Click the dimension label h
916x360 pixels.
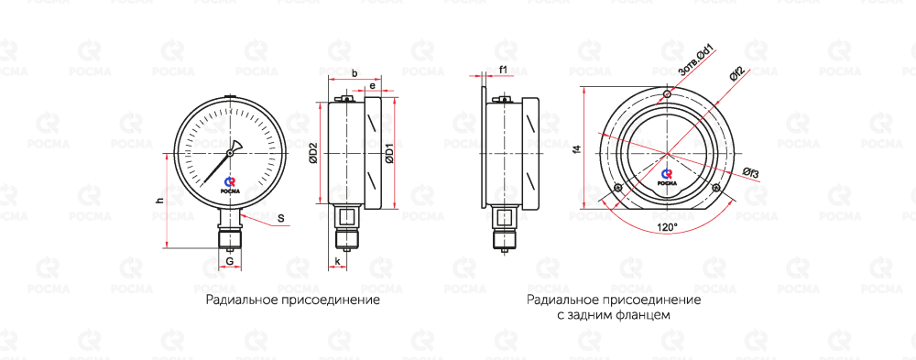pyautogui.click(x=159, y=201)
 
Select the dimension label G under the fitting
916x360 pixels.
pyautogui.click(x=230, y=260)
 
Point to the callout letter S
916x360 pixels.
pyautogui.click(x=281, y=219)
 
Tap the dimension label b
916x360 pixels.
pyautogui.click(x=355, y=73)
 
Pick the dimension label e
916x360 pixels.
pyautogui.click(x=371, y=86)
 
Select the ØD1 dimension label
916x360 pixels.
pyautogui.click(x=389, y=154)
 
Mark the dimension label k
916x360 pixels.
pyautogui.click(x=338, y=261)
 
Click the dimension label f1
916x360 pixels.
pyautogui.click(x=503, y=71)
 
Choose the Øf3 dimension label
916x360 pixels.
pyautogui.click(x=751, y=172)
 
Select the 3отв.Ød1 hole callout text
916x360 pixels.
pyautogui.click(x=698, y=61)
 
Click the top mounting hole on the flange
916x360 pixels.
pyautogui.click(x=667, y=94)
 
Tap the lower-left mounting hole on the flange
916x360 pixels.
pyautogui.click(x=617, y=188)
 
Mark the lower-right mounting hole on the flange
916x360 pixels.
pyautogui.click(x=717, y=188)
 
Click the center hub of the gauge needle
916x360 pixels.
pyautogui.click(x=230, y=153)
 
